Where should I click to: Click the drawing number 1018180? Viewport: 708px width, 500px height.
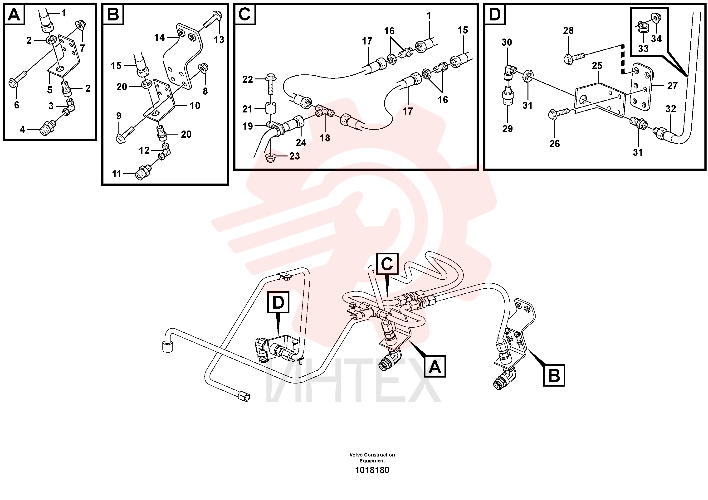click(372, 470)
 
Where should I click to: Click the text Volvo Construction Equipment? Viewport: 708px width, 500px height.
click(372, 458)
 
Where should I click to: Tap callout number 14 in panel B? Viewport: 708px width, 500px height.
click(159, 38)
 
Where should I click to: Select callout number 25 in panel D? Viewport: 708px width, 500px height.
click(597, 65)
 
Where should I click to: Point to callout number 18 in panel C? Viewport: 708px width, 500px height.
click(325, 138)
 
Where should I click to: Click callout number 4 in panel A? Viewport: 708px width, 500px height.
click(22, 130)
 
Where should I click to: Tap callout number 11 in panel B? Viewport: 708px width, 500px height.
click(117, 174)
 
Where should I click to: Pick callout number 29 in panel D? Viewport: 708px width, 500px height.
click(507, 129)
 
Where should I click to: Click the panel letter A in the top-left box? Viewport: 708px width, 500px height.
click(14, 15)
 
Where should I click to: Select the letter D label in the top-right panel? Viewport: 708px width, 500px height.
click(495, 15)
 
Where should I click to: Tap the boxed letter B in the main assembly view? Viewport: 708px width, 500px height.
click(554, 375)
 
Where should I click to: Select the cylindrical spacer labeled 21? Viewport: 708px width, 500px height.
click(271, 108)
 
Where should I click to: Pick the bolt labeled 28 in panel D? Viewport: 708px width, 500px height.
click(574, 58)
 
